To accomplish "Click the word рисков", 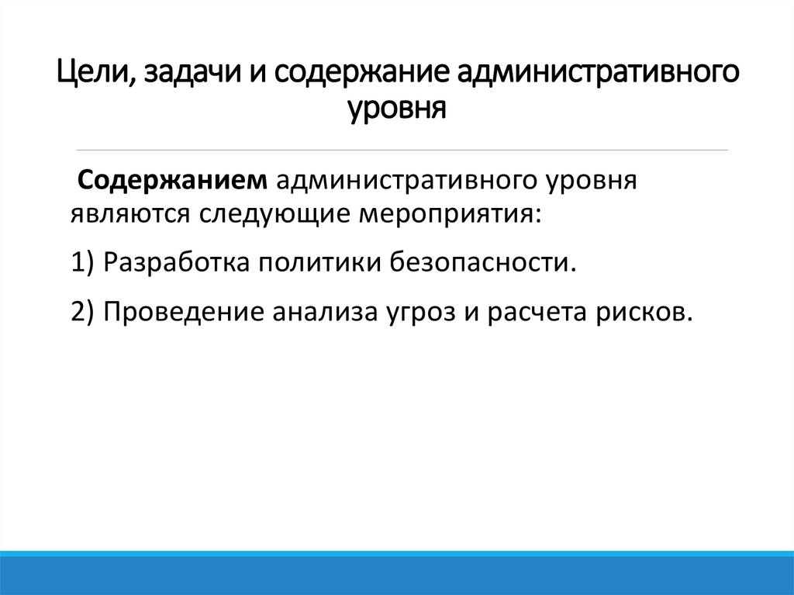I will tap(645, 311).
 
